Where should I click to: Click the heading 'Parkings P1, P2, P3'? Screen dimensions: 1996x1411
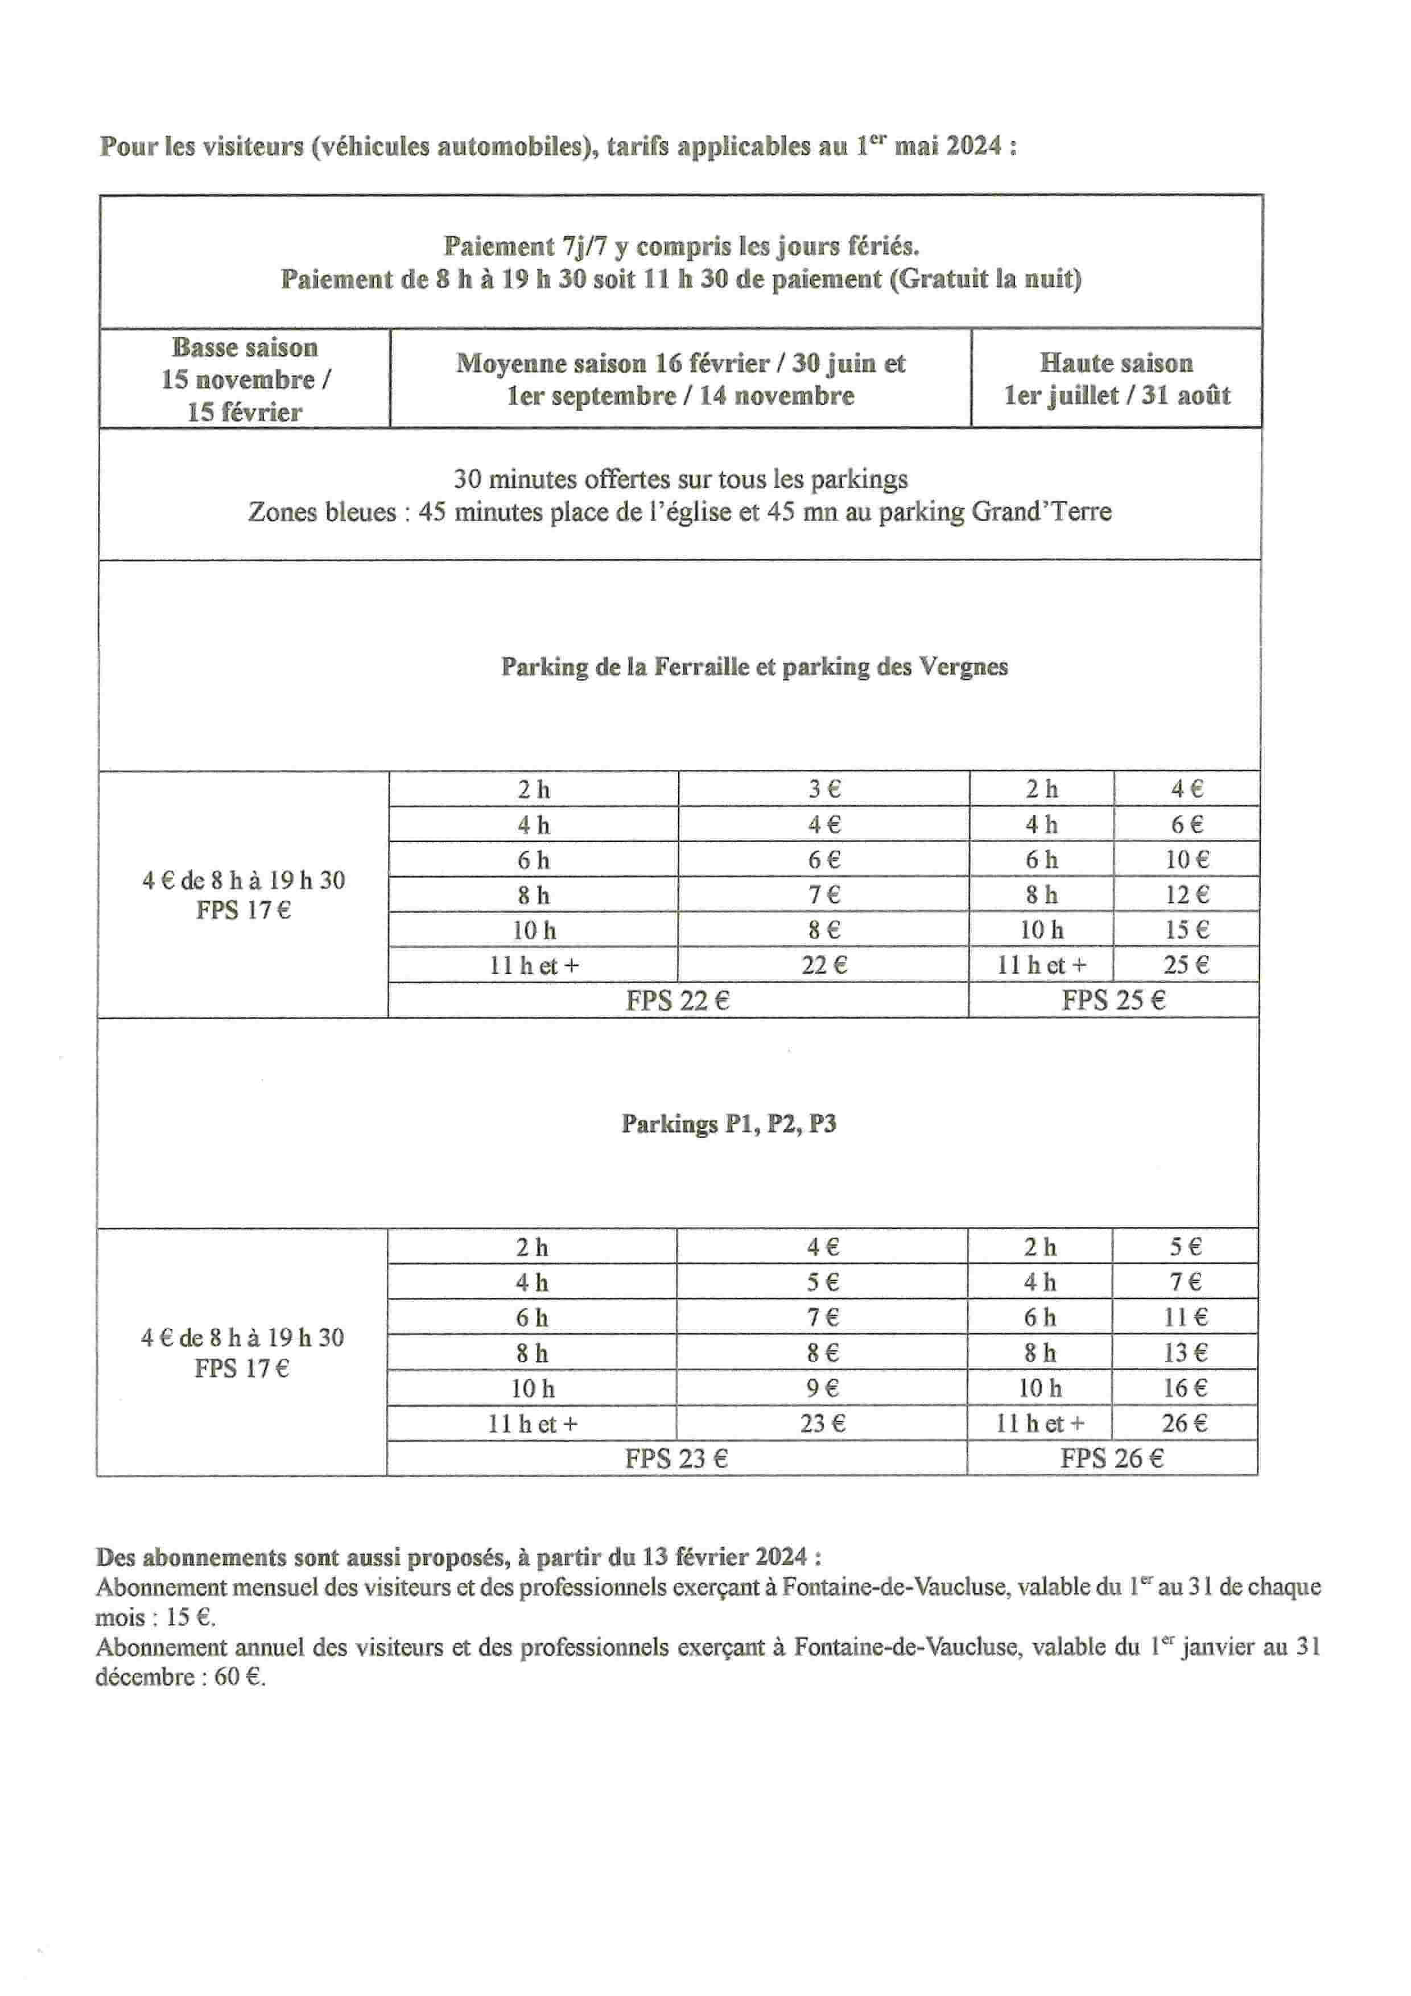[728, 1124]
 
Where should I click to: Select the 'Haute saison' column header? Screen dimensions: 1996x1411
[1116, 379]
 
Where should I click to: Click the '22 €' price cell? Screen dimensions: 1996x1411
[823, 965]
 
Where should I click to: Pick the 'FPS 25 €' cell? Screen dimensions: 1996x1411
[1113, 1001]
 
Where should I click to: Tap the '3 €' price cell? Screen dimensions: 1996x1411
[823, 789]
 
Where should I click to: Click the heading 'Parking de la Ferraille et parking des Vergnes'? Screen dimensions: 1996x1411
[754, 667]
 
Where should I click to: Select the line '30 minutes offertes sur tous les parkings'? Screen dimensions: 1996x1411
[680, 479]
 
